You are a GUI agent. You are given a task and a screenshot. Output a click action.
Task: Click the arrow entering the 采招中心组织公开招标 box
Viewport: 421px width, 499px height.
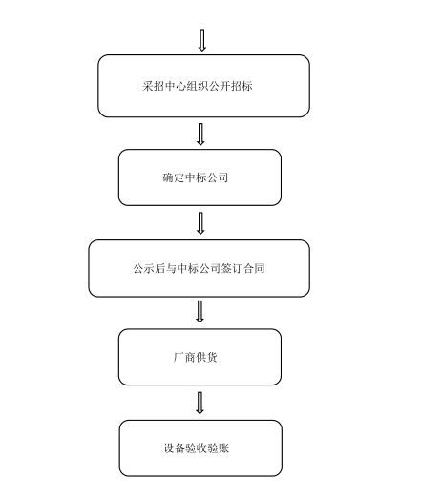201,40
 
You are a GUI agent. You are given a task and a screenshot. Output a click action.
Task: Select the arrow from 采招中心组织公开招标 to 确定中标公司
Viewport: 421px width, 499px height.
200,135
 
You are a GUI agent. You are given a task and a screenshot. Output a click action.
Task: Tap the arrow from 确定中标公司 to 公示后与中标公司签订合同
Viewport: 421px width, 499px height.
200,223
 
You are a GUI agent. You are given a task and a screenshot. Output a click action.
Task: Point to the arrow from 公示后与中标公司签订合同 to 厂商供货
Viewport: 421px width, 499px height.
200,312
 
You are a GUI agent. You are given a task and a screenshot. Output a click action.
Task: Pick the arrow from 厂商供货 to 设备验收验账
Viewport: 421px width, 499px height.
200,403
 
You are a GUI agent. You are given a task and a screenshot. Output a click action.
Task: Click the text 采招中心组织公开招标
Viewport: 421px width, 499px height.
198,86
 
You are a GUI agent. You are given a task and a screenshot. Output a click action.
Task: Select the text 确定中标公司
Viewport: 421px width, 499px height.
195,177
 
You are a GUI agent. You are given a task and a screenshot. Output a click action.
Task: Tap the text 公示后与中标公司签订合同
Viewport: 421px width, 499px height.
199,268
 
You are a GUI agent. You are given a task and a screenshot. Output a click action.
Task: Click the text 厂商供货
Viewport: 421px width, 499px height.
195,357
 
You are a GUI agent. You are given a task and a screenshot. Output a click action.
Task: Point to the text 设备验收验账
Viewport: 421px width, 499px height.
196,448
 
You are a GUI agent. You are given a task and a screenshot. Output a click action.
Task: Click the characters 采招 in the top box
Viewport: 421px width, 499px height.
153,86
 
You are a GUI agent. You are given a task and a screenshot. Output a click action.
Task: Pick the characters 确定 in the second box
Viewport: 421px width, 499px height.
173,177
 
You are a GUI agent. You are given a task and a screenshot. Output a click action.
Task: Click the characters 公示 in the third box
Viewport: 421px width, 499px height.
144,268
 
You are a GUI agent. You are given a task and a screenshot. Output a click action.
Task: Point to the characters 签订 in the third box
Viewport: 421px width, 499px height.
232,268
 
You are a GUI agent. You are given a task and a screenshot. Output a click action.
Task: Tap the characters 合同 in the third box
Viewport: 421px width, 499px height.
254,268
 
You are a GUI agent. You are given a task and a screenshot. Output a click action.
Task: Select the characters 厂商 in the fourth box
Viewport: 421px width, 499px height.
184,357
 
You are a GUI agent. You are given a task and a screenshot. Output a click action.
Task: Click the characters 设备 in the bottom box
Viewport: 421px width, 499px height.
175,448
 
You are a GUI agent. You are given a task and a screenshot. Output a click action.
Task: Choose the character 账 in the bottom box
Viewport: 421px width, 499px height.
224,448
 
